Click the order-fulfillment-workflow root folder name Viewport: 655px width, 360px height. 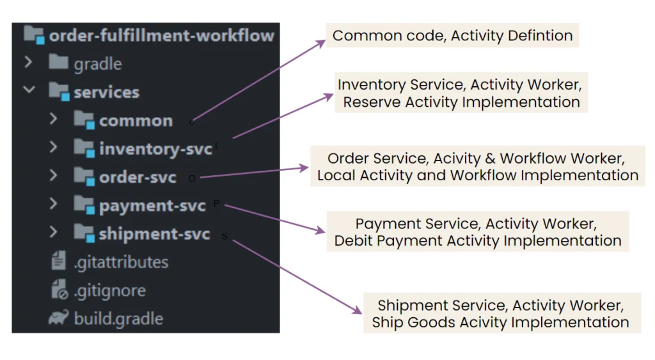click(162, 36)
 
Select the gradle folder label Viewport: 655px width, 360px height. click(98, 65)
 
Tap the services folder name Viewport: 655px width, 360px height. click(107, 92)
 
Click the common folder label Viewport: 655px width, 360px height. click(136, 121)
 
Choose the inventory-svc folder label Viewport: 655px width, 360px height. click(156, 149)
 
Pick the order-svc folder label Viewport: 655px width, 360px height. click(138, 178)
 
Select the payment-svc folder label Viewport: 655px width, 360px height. click(152, 206)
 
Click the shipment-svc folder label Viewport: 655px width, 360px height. click(154, 234)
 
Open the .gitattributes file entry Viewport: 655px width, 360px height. click(121, 263)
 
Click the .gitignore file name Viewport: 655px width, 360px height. click(110, 291)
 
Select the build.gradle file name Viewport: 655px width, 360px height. click(118, 318)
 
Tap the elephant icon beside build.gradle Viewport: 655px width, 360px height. click(58, 318)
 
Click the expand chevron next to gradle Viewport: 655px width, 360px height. click(28, 62)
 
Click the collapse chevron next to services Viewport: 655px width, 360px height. click(29, 90)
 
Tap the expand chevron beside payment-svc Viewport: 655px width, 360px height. click(53, 204)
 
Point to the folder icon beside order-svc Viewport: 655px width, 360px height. click(84, 176)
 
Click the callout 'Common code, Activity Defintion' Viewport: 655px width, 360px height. click(452, 36)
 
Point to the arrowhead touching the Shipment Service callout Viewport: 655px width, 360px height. click(357, 310)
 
